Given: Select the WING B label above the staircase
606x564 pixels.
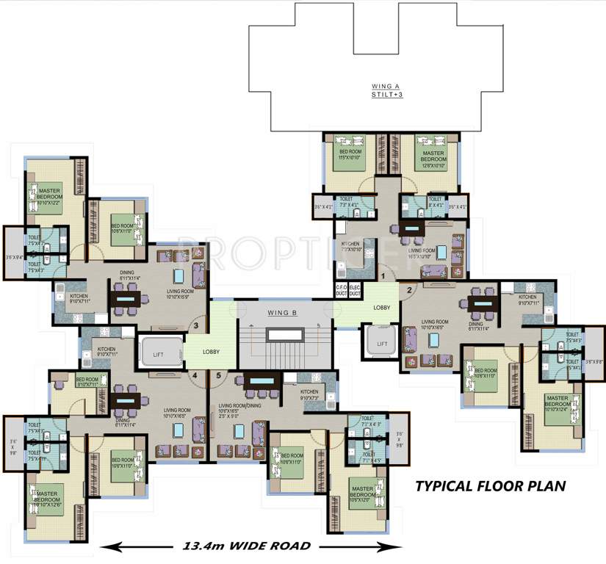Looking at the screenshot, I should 281,313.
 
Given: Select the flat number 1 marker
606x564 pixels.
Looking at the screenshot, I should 382,275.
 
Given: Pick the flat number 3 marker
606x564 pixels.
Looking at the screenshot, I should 195,327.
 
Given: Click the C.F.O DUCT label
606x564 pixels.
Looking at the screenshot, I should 341,290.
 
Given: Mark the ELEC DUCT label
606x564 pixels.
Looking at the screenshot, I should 355,290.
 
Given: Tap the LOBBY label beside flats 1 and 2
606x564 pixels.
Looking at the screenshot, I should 381,308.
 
